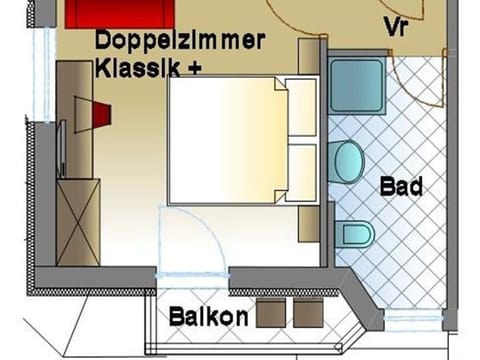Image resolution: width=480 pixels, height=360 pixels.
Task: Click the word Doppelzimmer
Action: pyautogui.click(x=180, y=41)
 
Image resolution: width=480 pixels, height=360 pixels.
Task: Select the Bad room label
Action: pyautogui.click(x=402, y=186)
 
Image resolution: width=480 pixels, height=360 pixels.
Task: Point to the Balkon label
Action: pyautogui.click(x=208, y=317)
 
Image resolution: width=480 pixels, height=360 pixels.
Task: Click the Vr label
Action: pyautogui.click(x=396, y=26)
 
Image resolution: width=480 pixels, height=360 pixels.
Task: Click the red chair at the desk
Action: pyautogui.click(x=100, y=113)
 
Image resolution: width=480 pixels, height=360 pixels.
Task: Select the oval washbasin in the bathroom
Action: pyautogui.click(x=346, y=162)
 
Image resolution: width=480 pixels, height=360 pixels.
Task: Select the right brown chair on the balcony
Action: pyautogui.click(x=308, y=313)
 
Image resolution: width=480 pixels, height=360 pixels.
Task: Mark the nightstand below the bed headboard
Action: pyautogui.click(x=309, y=221)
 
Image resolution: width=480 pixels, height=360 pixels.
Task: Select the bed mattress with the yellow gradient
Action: pyautogui.click(x=225, y=140)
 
